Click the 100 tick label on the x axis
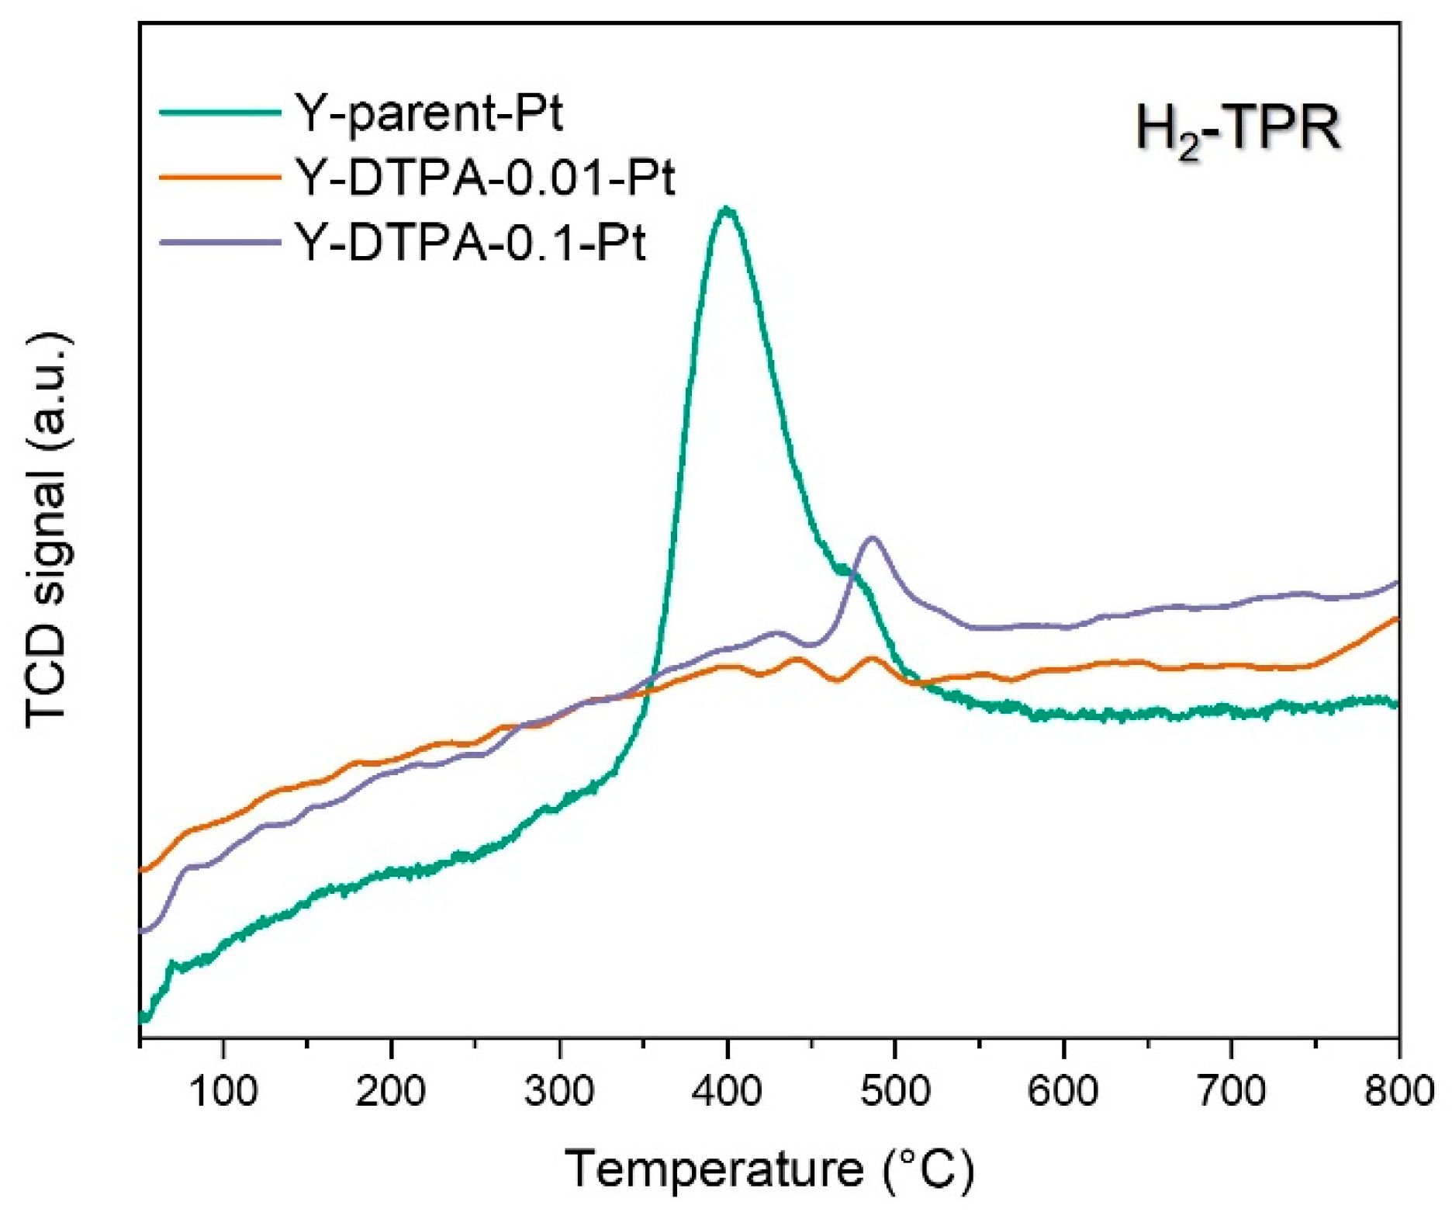[x=223, y=1091]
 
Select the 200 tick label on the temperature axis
[x=391, y=1091]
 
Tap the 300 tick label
[x=559, y=1091]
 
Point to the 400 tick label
[x=727, y=1091]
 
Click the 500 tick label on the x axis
[x=895, y=1091]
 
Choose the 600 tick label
[x=1063, y=1091]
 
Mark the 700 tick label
[x=1231, y=1091]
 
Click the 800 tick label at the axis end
[x=1398, y=1091]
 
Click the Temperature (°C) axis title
[x=769, y=1169]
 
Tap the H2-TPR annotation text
[x=1238, y=130]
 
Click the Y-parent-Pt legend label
[x=428, y=113]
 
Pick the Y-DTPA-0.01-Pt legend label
[x=485, y=178]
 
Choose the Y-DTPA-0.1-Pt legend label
[x=470, y=243]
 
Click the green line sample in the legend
[x=220, y=113]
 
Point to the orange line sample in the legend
[x=220, y=178]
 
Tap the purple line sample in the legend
[x=220, y=243]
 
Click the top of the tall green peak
[x=726, y=209]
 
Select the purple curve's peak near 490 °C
[x=873, y=537]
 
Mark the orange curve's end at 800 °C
[x=1397, y=618]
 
